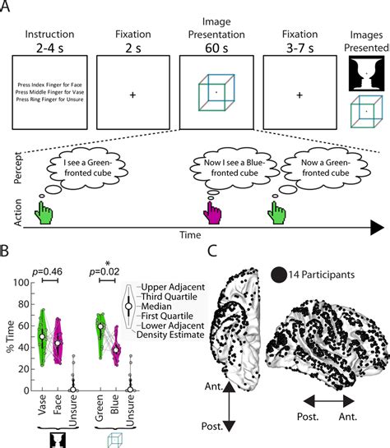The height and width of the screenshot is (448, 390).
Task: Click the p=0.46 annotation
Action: [49, 269]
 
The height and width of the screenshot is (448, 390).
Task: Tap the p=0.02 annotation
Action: [108, 269]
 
